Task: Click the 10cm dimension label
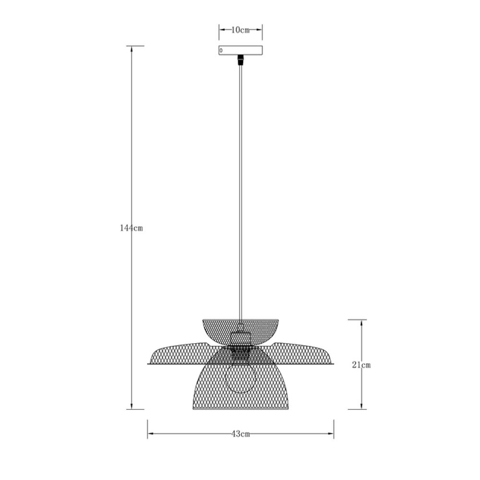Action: [240, 30]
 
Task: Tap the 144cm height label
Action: [132, 228]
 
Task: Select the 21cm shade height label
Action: [361, 365]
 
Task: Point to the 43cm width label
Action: [240, 434]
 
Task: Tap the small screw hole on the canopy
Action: [221, 50]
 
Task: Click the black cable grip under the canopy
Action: [240, 60]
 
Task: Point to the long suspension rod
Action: [240, 192]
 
